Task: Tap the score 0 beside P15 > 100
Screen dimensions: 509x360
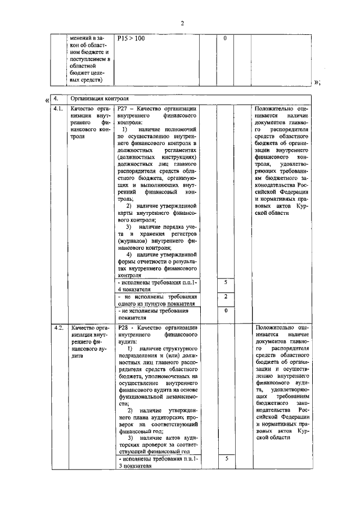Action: [225, 39]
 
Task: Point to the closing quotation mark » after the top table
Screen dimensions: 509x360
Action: [317, 82]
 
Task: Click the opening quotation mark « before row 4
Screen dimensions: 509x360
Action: [46, 100]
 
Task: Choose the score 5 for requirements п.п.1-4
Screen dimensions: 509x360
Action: [225, 282]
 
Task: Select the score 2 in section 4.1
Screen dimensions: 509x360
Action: [225, 296]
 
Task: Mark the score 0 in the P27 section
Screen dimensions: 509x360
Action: [225, 310]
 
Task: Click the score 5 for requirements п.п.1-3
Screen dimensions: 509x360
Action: [225, 459]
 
